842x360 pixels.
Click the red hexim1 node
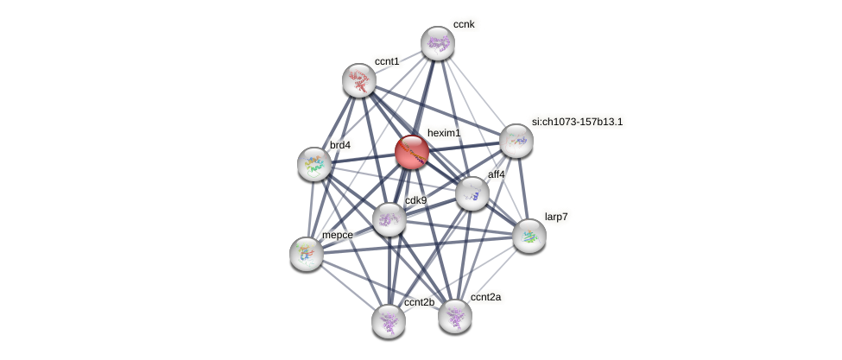coord(412,152)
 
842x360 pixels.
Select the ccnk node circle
coord(438,43)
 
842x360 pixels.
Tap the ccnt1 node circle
coord(359,80)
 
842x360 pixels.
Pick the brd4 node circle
coord(314,164)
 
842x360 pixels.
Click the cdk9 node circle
coord(389,219)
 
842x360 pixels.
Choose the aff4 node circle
coord(472,193)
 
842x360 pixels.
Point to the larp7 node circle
coord(529,235)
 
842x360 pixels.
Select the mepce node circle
coord(307,253)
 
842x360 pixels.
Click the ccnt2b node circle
coord(389,320)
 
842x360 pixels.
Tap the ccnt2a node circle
coord(455,316)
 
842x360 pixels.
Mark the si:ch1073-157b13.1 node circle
coord(516,141)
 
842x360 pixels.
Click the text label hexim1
coord(444,133)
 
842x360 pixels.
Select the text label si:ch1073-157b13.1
coord(577,122)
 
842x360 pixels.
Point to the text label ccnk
coord(465,25)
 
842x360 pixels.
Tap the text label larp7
coord(556,216)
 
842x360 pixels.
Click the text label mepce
coord(337,235)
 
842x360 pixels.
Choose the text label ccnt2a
coord(485,297)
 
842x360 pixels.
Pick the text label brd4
coord(340,145)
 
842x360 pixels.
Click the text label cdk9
coord(415,201)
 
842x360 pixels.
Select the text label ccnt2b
coord(420,302)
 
